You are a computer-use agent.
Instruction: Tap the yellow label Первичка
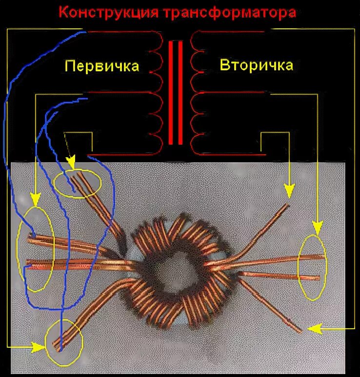coord(102,66)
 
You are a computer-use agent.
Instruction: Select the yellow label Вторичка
coord(257,65)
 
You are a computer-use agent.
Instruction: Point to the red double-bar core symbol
coord(176,93)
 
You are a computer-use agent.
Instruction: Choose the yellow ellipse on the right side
coord(312,267)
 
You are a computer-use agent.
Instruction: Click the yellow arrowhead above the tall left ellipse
coord(35,198)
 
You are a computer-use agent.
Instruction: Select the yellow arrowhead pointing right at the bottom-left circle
coord(39,347)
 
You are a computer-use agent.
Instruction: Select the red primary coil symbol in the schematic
coord(156,93)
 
